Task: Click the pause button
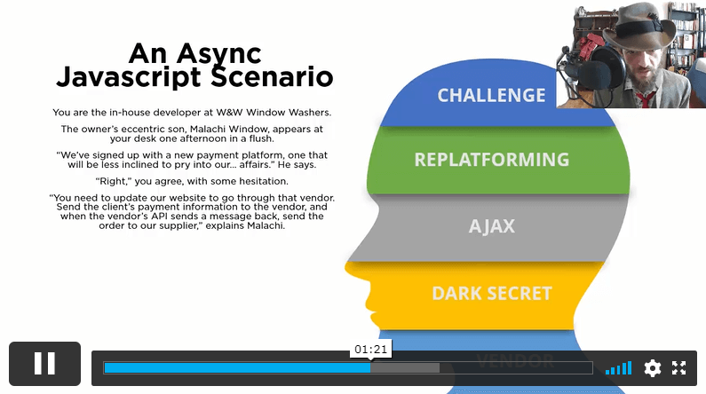(x=44, y=364)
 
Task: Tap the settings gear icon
(x=653, y=368)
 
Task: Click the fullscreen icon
(x=679, y=368)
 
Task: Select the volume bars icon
(x=619, y=368)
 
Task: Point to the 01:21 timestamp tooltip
(x=370, y=349)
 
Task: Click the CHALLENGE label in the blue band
(x=491, y=95)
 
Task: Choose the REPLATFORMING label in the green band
(x=492, y=160)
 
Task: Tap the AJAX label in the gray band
(x=492, y=226)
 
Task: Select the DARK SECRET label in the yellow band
(x=492, y=293)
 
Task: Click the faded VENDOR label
(x=515, y=360)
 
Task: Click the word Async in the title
(x=218, y=54)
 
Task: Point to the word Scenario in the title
(x=272, y=77)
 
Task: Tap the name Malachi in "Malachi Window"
(x=208, y=129)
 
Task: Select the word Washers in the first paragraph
(x=310, y=113)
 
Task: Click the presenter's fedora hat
(x=639, y=28)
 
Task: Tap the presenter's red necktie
(x=645, y=99)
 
